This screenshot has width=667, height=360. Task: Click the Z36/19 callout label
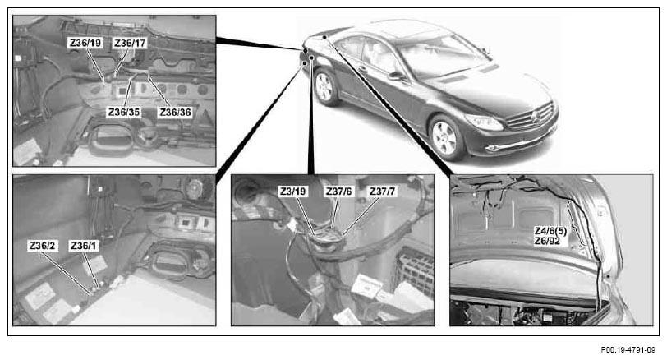[x=85, y=43]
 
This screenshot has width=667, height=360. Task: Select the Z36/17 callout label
[x=130, y=43]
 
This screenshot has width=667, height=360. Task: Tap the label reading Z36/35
[x=124, y=113]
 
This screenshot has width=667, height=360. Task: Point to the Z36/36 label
[x=175, y=113]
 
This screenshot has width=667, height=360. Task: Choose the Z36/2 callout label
[x=43, y=246]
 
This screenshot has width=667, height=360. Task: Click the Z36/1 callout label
[x=84, y=246]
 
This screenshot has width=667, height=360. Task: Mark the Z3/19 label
[x=292, y=192]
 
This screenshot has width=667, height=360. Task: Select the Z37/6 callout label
[x=339, y=192]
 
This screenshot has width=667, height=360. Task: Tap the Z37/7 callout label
[x=383, y=192]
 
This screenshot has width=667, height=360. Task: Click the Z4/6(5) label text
[x=550, y=231]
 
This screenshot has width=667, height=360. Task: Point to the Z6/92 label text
[x=547, y=242]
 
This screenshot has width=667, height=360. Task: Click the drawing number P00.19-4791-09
[x=628, y=350]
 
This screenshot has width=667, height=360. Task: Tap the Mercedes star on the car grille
[x=535, y=116]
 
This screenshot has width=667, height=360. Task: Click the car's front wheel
[x=445, y=137]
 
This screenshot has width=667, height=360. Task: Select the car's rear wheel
[x=325, y=87]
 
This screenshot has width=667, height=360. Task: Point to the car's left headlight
[x=484, y=122]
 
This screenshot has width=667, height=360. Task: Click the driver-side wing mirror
[x=396, y=76]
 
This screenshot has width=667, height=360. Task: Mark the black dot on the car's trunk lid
[x=324, y=38]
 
